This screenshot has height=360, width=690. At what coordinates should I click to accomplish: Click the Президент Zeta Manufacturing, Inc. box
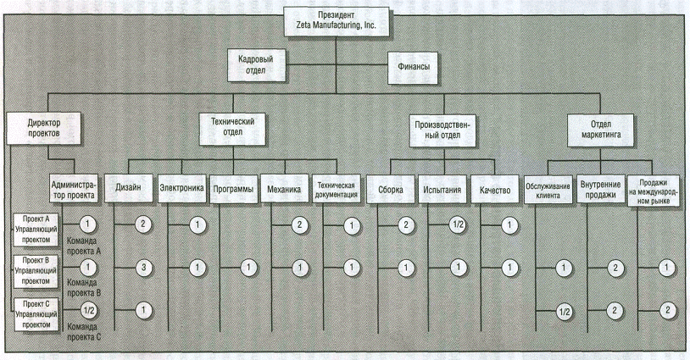[337, 20]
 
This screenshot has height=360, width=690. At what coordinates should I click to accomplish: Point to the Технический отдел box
[232, 128]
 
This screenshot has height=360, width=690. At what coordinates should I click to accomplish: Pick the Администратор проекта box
[75, 188]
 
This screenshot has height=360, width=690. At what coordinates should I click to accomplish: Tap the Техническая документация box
[339, 188]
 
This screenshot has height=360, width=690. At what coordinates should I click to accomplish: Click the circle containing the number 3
[144, 268]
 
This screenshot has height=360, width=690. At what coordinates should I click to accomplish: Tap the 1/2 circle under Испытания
[458, 225]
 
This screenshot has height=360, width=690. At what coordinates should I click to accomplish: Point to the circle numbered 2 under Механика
[298, 225]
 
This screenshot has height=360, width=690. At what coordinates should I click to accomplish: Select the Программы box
[232, 188]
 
